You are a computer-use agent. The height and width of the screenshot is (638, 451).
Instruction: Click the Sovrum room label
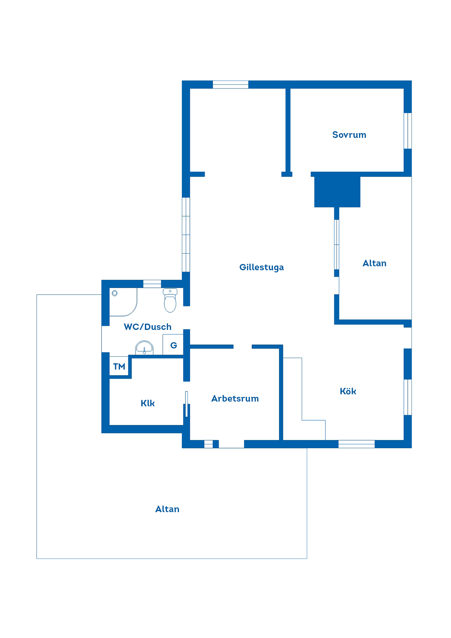pos(349,135)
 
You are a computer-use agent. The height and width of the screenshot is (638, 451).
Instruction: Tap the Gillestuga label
pos(262,267)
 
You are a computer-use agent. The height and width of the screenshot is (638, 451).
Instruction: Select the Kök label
pos(348,391)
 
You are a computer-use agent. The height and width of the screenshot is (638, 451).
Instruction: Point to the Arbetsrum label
pos(235,399)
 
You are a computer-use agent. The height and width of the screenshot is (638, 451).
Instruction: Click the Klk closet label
pos(148,403)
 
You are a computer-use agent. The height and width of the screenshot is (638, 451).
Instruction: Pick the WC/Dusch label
pos(148,327)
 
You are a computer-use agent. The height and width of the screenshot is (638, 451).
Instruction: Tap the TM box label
pos(119,367)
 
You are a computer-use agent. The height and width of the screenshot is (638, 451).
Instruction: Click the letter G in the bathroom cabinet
pos(174,345)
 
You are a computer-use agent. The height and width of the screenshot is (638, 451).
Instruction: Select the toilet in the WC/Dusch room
pos(170,300)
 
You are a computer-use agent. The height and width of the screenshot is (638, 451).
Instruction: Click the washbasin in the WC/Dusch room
pos(144,348)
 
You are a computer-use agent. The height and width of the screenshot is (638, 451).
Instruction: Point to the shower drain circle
pos(115,293)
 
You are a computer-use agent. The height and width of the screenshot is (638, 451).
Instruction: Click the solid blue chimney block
pos(337,192)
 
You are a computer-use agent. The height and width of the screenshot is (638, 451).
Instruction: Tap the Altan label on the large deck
pos(167,509)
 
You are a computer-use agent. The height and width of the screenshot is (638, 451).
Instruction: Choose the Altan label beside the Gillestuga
pos(375,263)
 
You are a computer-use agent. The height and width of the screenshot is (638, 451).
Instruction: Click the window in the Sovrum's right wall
pos(408,131)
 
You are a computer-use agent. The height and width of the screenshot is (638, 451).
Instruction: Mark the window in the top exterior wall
pos(231,84)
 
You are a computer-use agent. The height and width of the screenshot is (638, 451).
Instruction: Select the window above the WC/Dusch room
pos(152,284)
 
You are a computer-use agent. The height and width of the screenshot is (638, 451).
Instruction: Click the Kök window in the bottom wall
pos(356,444)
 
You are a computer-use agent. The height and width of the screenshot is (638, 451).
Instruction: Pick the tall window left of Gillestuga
pos(186,235)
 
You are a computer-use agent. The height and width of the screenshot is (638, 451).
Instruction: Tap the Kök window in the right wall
pos(408,397)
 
